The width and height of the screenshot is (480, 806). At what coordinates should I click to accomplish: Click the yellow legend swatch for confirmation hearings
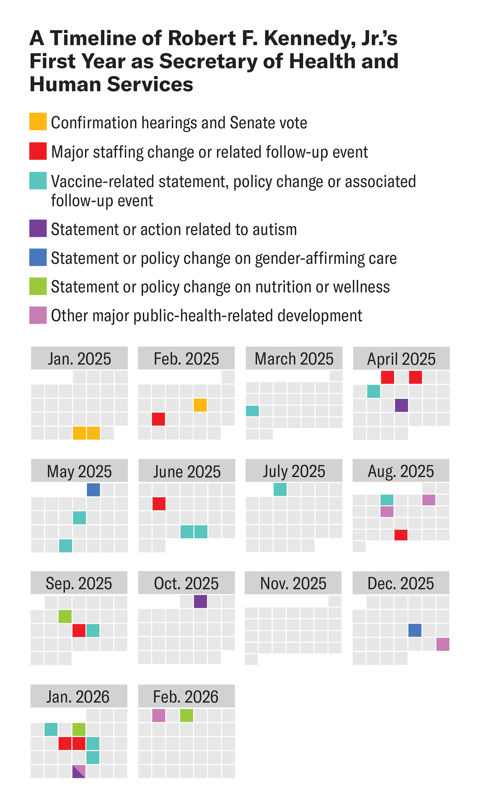pos(38,121)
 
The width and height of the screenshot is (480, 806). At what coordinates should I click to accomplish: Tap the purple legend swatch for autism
pos(38,228)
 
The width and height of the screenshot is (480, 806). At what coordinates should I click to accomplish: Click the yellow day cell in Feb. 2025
pos(200,405)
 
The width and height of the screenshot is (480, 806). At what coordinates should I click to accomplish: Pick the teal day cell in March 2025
pos(252,411)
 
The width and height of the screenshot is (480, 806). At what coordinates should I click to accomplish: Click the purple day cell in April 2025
pos(401,405)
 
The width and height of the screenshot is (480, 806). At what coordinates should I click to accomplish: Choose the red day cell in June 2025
pos(159,503)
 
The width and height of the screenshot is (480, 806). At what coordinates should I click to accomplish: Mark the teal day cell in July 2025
pos(280,489)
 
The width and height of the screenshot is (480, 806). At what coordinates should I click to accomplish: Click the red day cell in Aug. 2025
pos(401,535)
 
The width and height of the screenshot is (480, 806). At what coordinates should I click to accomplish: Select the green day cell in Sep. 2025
pos(65,616)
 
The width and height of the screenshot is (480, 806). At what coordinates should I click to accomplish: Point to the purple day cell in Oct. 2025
pos(200,601)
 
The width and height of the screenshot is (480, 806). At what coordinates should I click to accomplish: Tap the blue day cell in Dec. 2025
pos(415,630)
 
